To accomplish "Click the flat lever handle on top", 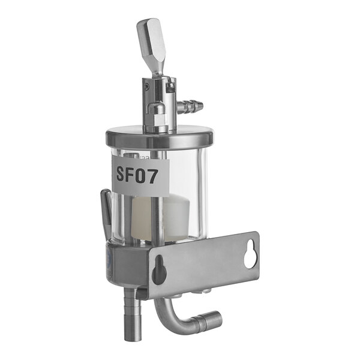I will click(150, 39).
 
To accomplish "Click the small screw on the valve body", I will click(146, 86).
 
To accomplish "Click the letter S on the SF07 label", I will click(122, 175).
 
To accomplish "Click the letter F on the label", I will click(134, 175).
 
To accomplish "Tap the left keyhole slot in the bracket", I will click(159, 271).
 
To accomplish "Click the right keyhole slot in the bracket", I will click(250, 256).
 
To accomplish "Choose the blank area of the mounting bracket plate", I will click(207, 264).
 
